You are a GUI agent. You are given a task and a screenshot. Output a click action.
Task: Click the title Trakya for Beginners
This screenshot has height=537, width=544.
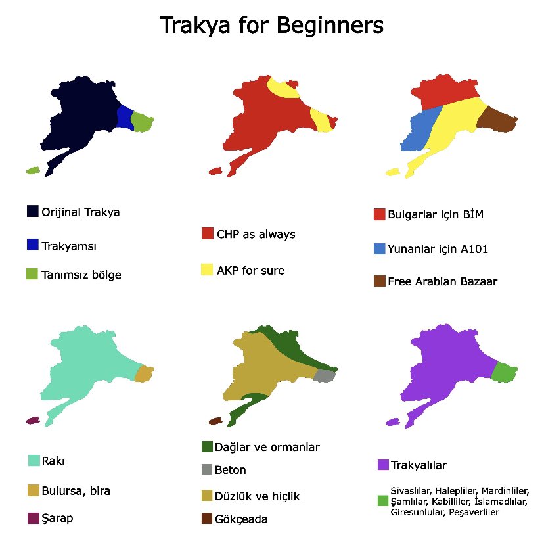[271, 26]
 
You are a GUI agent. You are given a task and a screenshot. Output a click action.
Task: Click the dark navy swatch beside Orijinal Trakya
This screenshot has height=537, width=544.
[32, 211]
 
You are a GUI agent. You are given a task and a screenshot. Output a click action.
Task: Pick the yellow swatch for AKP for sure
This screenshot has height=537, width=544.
[207, 269]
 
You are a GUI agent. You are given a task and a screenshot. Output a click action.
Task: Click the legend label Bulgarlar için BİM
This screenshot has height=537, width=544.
[436, 214]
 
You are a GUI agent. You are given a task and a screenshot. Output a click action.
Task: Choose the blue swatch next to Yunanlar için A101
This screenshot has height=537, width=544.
[379, 249]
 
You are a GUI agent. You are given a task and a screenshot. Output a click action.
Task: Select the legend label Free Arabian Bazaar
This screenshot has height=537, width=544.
[442, 281]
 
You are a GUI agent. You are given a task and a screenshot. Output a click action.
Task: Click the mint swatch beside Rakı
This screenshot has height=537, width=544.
[34, 460]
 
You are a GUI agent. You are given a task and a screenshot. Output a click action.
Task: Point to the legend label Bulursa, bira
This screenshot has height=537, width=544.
[76, 491]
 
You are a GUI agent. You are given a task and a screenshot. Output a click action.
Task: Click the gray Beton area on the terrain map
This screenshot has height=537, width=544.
[325, 375]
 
